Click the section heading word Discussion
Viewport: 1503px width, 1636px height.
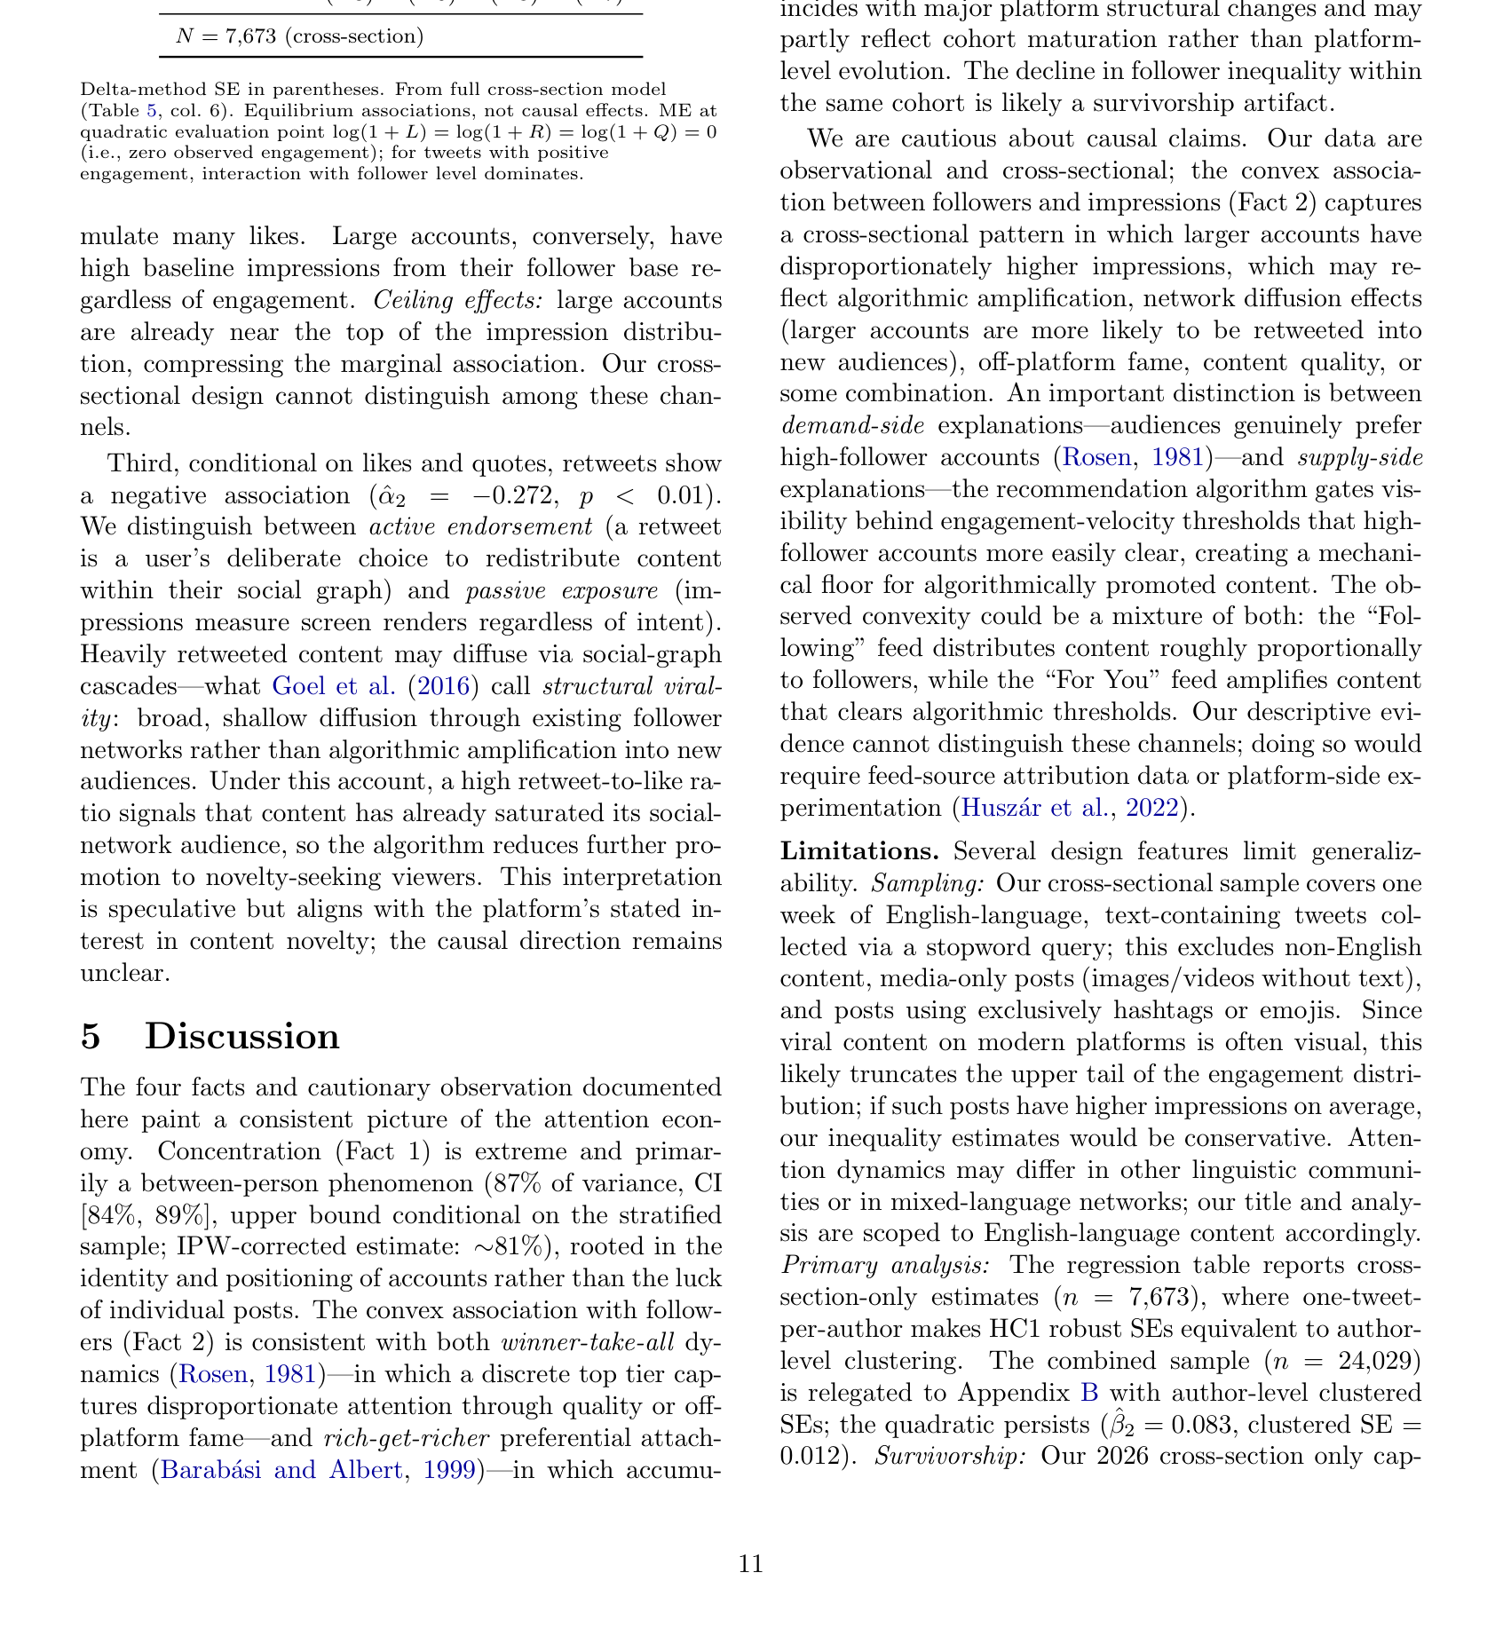click(x=241, y=1037)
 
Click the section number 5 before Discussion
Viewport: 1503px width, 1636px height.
click(x=91, y=1037)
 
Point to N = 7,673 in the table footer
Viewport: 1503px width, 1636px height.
click(x=299, y=36)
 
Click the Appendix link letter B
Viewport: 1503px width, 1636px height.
click(x=1087, y=1393)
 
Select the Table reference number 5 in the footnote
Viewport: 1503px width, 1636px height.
click(x=151, y=111)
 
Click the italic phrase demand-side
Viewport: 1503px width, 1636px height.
click(x=851, y=426)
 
